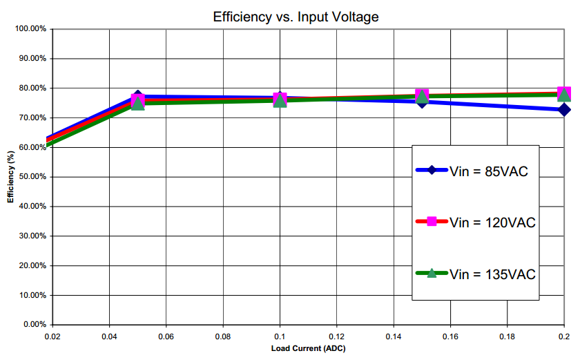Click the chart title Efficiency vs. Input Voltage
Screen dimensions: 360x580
coord(296,17)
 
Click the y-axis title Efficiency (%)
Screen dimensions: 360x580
coord(10,176)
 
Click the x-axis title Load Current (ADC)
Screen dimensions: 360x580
coord(308,348)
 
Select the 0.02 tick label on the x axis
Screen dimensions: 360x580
coord(52,337)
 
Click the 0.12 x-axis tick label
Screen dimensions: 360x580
coord(336,337)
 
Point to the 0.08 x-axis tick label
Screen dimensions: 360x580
coord(223,337)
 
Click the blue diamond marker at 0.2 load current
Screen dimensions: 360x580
coord(565,110)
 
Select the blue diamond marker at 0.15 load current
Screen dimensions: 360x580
coord(422,101)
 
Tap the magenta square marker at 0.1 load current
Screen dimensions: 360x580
coord(280,98)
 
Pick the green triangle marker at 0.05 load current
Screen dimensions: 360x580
coord(138,104)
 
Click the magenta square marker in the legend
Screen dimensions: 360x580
coord(432,221)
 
